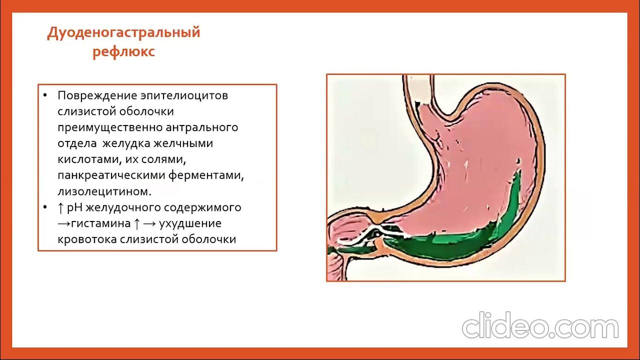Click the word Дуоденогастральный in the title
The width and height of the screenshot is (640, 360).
click(123, 33)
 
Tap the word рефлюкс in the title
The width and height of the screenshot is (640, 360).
click(123, 52)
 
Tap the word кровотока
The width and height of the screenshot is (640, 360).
click(87, 239)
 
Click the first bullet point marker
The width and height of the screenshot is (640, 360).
click(45, 95)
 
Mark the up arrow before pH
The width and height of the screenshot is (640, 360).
click(60, 207)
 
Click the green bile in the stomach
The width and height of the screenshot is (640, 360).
click(450, 242)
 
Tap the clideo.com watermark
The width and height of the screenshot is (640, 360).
click(540, 327)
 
